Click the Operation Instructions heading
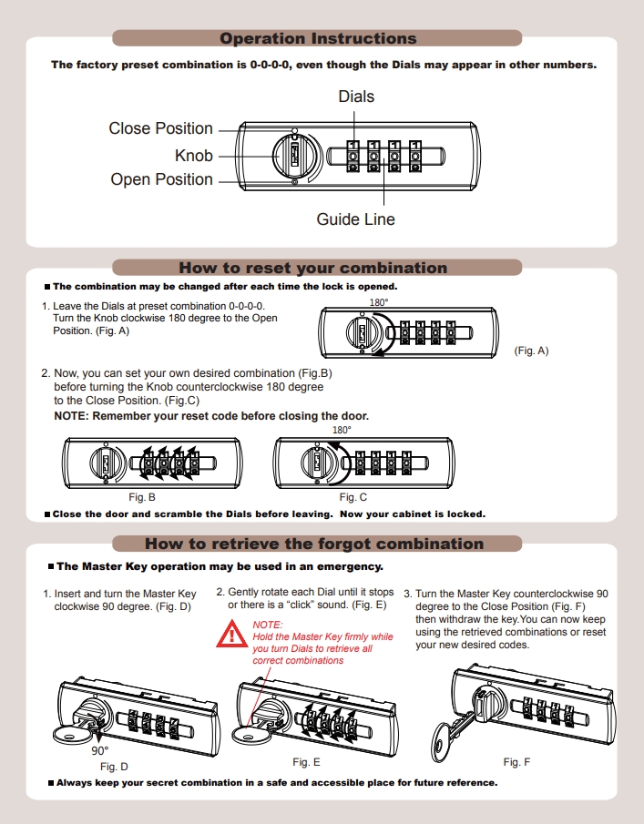click(x=318, y=39)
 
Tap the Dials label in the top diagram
click(x=356, y=97)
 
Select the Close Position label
click(x=161, y=128)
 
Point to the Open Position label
click(x=162, y=179)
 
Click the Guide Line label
click(x=356, y=219)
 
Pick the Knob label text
click(x=194, y=156)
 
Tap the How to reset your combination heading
click(x=312, y=268)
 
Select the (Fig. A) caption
click(x=531, y=350)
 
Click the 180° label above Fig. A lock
click(x=378, y=302)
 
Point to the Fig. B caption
click(x=141, y=497)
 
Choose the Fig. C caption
click(x=353, y=497)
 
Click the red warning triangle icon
click(x=227, y=636)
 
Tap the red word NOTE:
click(x=268, y=625)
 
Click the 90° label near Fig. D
click(x=99, y=751)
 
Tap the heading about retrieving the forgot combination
click(x=314, y=544)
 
